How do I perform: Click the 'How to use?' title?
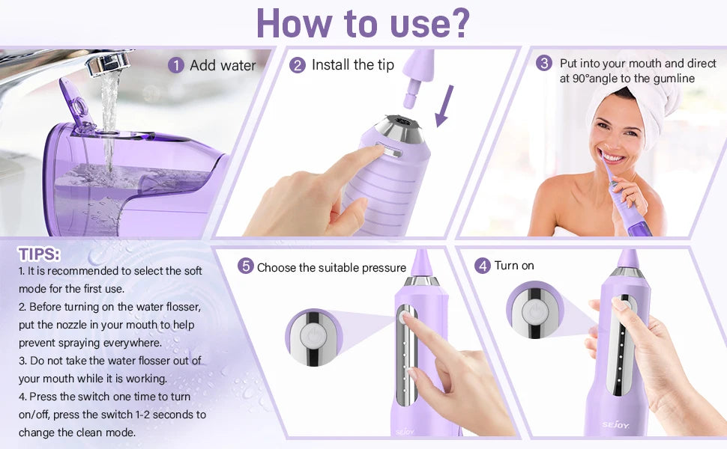tap(363, 23)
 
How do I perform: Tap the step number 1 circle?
tap(176, 66)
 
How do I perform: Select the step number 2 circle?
tap(298, 65)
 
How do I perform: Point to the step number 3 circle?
tap(544, 64)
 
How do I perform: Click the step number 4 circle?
tap(483, 266)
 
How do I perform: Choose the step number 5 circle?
tap(245, 267)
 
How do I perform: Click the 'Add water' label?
tap(223, 66)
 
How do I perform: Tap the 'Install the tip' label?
tap(352, 65)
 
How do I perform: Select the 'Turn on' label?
tap(514, 266)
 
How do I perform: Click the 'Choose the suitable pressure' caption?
tap(331, 267)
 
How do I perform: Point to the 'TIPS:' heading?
tap(40, 254)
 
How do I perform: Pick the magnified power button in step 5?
tap(314, 337)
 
